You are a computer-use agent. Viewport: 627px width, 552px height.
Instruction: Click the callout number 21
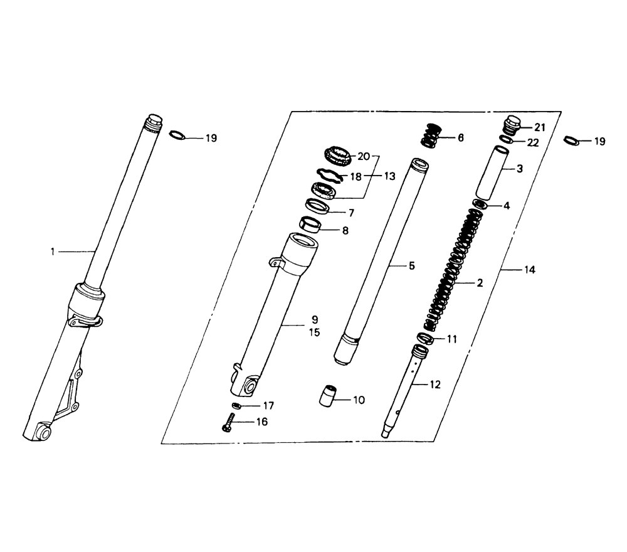tap(539, 127)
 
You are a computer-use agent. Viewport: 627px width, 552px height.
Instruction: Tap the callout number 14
tap(529, 270)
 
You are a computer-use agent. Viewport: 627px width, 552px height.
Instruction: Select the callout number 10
tap(359, 400)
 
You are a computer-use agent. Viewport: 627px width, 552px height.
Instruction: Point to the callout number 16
tap(262, 422)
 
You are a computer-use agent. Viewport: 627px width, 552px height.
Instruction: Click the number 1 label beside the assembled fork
tap(53, 252)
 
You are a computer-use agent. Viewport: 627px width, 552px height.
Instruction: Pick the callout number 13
tap(389, 176)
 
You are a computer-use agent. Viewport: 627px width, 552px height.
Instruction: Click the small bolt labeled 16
tap(228, 422)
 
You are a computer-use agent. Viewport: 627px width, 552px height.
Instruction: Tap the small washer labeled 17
tap(237, 406)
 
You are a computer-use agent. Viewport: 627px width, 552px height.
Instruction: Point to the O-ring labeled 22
tap(507, 140)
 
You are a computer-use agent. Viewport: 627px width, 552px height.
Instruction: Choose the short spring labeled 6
tap(430, 136)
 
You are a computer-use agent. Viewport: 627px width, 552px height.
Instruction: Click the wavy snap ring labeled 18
tap(329, 175)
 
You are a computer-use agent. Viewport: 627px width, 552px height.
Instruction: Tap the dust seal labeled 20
tap(337, 155)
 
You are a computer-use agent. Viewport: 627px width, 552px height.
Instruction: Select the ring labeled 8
tap(311, 225)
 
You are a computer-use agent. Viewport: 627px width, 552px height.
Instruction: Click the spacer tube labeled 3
tap(492, 173)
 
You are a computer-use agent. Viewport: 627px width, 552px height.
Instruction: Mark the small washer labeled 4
tap(480, 204)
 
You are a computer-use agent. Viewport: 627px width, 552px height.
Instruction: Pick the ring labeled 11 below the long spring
tap(425, 338)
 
